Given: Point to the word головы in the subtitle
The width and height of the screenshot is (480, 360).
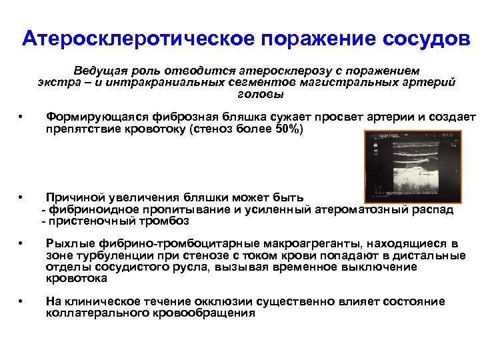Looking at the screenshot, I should [246, 94].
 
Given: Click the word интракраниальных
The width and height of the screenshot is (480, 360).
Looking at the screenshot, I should [155, 83].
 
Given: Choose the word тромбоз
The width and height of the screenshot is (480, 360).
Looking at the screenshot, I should [165, 221].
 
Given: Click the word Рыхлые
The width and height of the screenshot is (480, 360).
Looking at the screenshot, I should [67, 244].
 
